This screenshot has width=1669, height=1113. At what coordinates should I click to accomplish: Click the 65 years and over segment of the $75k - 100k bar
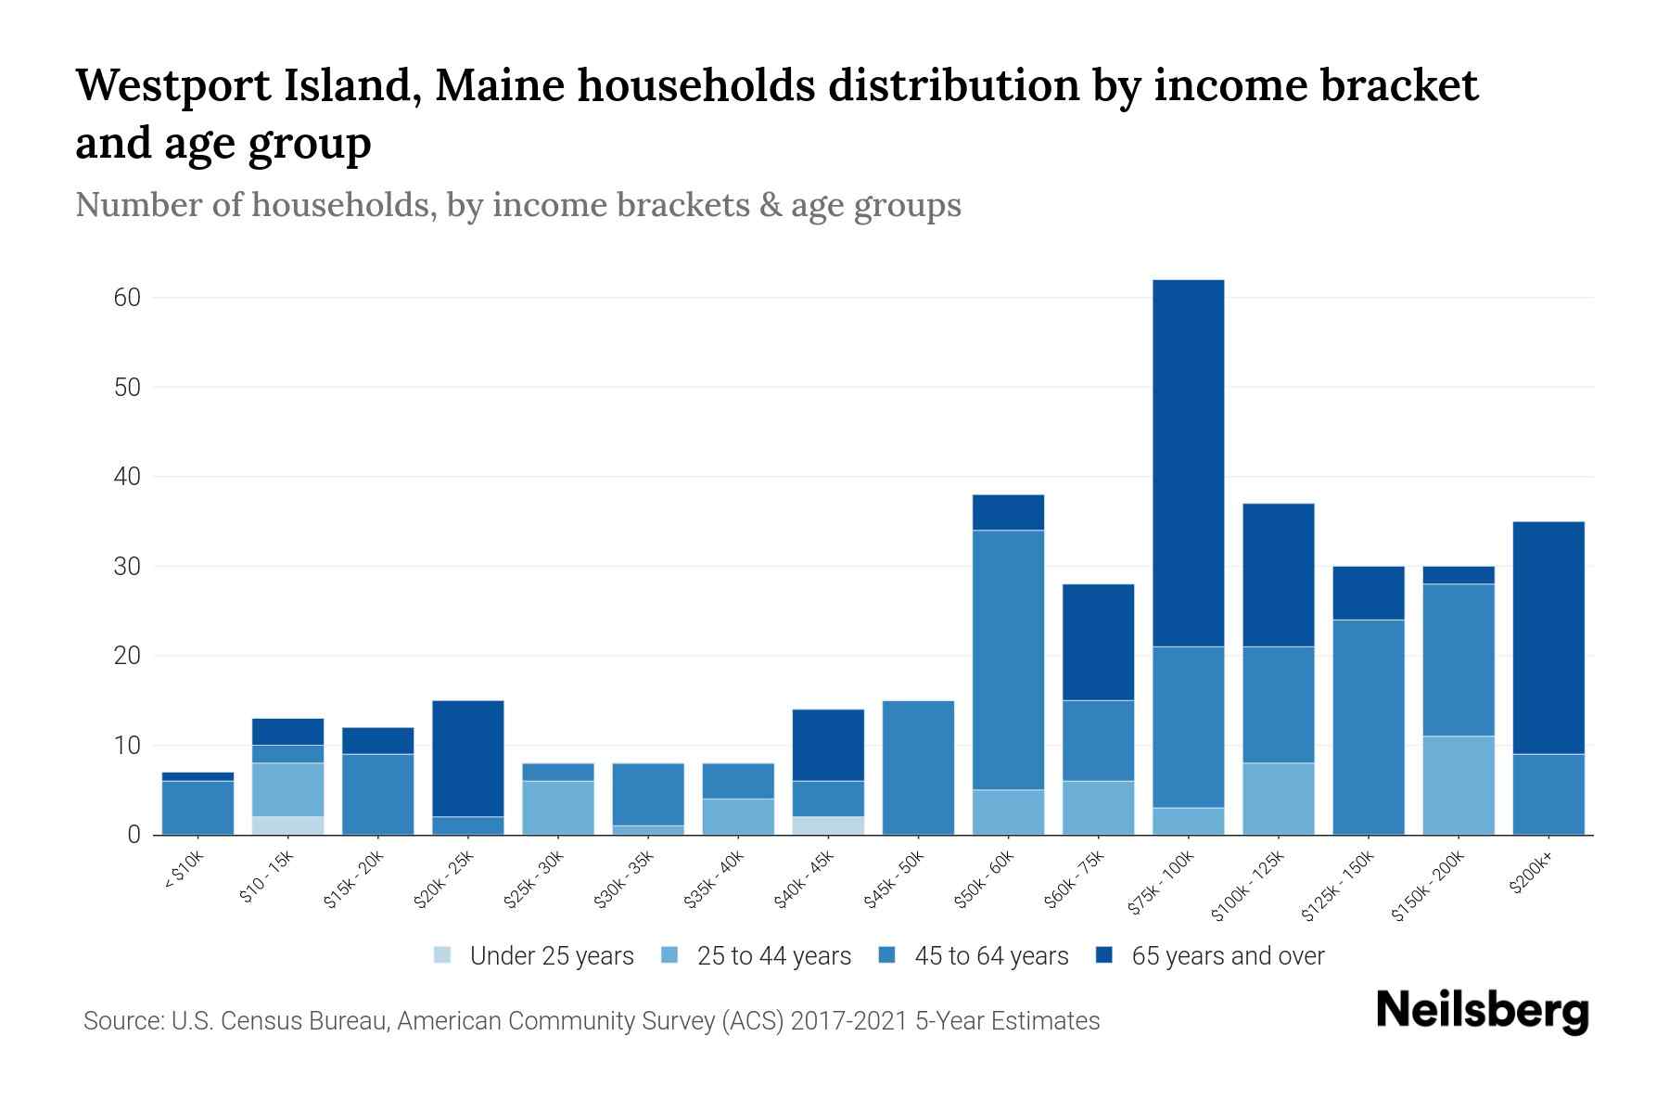point(1188,463)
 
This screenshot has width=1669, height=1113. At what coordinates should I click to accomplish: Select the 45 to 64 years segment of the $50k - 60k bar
point(1008,659)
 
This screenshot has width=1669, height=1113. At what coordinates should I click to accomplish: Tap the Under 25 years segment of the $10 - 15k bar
point(287,825)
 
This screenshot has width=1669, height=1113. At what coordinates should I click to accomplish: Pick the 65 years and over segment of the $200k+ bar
point(1548,637)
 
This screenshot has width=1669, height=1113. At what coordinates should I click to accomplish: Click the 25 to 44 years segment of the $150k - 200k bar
point(1458,785)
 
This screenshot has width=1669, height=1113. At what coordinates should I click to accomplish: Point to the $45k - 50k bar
point(918,767)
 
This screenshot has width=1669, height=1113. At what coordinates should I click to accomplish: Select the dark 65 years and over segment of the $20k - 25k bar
point(467,758)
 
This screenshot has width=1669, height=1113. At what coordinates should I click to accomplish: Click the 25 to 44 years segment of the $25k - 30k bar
point(557,807)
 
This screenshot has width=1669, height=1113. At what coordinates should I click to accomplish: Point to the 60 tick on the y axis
point(127,298)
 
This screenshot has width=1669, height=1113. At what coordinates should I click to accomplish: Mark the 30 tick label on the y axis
point(127,567)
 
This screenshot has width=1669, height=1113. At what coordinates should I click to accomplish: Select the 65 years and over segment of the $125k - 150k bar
point(1368,593)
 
